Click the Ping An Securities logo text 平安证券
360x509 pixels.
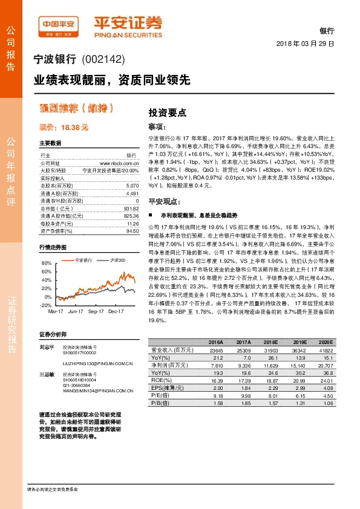(128, 22)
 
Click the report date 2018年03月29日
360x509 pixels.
(306, 44)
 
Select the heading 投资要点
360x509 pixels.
(167, 112)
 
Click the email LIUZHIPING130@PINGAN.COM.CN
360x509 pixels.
(98, 365)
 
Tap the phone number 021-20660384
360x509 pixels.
(76, 385)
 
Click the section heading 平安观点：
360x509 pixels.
(165, 201)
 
